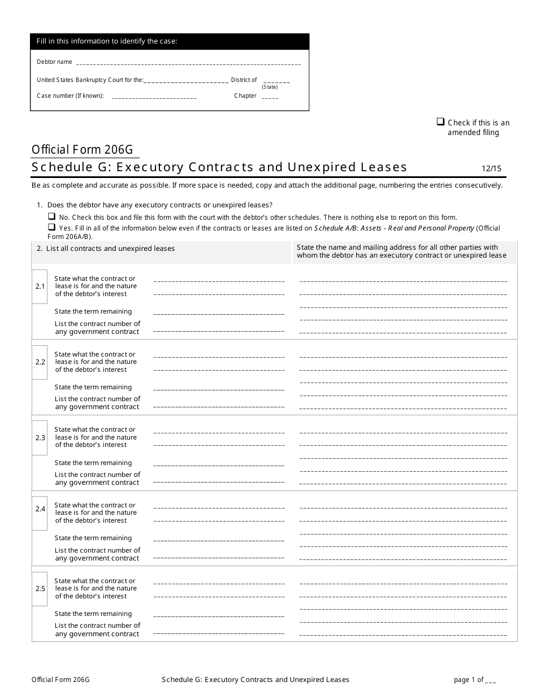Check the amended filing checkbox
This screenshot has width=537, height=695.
pyautogui.click(x=440, y=121)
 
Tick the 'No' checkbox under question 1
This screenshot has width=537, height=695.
pyautogui.click(x=51, y=216)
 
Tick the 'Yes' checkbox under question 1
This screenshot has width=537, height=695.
pyautogui.click(x=51, y=227)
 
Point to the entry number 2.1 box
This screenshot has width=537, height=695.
pyautogui.click(x=40, y=286)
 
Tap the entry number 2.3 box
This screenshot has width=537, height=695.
pyautogui.click(x=40, y=438)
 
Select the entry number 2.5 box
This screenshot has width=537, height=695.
pyautogui.click(x=40, y=589)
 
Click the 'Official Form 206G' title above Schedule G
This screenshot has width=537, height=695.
pyautogui.click(x=83, y=150)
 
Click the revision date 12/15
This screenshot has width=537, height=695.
pyautogui.click(x=491, y=168)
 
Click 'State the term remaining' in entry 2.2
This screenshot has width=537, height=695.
pyautogui.click(x=93, y=387)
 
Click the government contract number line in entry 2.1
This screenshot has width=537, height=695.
pyautogui.click(x=218, y=331)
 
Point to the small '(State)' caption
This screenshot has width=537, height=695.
pyautogui.click(x=270, y=87)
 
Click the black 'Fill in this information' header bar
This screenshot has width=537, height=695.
pyautogui.click(x=170, y=41)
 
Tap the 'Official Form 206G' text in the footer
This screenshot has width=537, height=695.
pyautogui.click(x=60, y=680)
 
